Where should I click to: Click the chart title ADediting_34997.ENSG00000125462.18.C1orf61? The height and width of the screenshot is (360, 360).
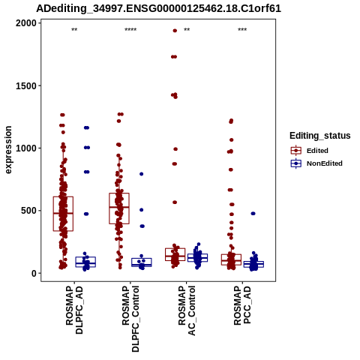158,8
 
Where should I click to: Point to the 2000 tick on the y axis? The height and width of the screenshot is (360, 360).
26,23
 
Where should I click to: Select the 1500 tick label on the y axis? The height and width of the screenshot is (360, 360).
26,85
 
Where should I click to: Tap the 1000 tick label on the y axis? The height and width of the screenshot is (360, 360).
26,148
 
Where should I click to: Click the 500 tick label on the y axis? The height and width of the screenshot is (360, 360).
28,211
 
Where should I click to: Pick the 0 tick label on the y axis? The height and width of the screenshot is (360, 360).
34,274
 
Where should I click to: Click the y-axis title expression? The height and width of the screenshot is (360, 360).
8,150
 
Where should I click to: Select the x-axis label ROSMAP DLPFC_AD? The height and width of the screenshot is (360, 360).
74,310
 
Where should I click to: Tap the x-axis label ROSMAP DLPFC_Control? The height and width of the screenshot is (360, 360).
130,319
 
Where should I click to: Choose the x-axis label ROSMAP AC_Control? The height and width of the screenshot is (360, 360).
187,310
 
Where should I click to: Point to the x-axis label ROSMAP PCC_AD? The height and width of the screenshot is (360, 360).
242,305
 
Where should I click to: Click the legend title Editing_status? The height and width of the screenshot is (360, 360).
320,136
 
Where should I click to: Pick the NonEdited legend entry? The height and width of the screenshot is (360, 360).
316,163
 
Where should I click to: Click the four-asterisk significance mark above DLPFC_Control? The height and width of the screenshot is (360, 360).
130,30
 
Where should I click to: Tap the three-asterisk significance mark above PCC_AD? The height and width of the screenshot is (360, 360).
242,30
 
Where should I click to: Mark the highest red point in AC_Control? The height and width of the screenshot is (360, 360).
175,31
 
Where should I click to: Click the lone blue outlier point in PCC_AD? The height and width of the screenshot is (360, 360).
253,214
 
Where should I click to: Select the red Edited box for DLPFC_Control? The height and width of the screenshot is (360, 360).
119,208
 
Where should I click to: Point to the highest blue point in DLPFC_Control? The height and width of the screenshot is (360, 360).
142,174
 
